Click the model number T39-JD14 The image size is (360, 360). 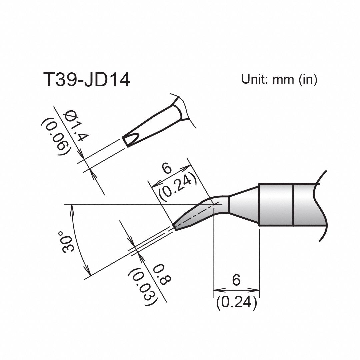point(86,80)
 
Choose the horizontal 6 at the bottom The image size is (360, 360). point(236,280)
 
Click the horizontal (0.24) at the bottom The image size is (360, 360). point(236,302)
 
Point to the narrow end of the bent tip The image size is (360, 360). point(175,226)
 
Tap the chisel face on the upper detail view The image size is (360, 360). point(131,139)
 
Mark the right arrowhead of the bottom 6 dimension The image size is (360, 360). point(256,289)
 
